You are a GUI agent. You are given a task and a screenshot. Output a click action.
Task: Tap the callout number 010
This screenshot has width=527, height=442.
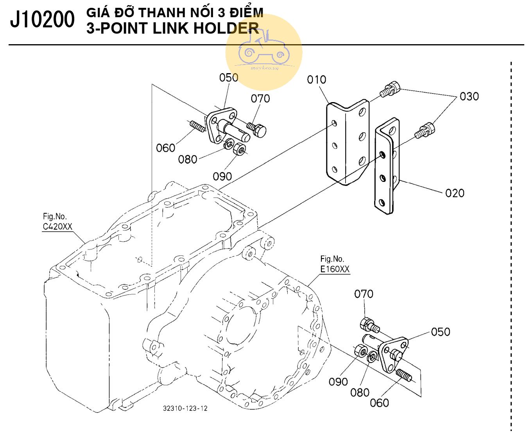coord(316,80)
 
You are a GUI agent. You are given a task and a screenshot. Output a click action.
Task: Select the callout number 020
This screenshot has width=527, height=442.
coord(455,193)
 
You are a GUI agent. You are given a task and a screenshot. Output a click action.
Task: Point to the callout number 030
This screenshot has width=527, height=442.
coord(469,96)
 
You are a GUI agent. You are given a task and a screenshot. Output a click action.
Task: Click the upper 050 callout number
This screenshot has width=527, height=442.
coord(228,77)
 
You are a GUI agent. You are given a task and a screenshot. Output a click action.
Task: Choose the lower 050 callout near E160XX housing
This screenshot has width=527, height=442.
coord(441,332)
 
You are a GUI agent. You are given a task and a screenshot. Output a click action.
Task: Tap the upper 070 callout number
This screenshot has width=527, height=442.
coord(260,98)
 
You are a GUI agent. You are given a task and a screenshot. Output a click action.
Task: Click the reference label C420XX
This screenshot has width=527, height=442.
coord(57,226)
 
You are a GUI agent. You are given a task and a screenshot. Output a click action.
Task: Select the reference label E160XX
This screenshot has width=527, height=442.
coord(335,269)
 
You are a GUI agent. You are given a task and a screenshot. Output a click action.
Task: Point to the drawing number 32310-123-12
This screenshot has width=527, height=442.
coord(185,408)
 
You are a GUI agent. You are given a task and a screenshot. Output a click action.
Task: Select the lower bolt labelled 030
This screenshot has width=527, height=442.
coord(425,130)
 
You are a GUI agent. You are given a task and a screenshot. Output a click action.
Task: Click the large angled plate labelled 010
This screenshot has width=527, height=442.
coord(347,141)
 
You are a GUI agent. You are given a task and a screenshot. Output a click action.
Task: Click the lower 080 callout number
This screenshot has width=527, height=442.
coord(360,392)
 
